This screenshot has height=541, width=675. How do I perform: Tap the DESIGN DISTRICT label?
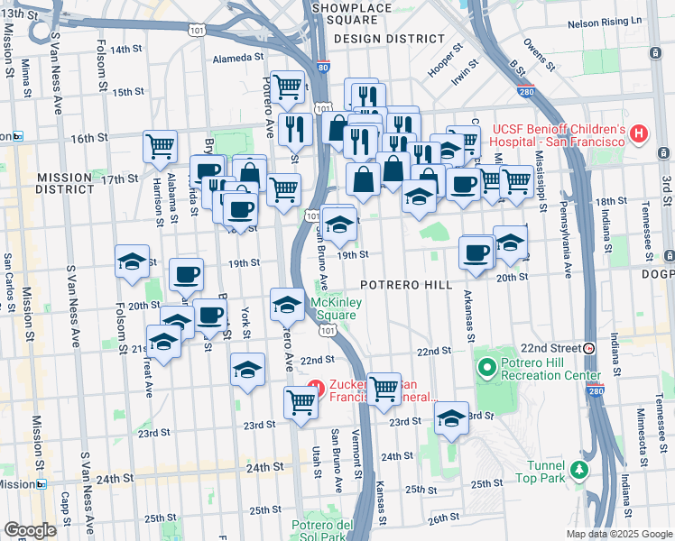[389, 39]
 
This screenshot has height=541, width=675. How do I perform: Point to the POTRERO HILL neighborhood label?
[406, 284]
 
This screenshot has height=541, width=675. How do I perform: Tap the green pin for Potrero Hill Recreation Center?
[488, 368]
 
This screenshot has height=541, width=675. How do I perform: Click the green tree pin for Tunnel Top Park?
[578, 470]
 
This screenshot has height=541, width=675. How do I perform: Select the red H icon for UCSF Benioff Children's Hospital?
[640, 134]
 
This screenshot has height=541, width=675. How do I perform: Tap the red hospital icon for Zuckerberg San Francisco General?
[315, 390]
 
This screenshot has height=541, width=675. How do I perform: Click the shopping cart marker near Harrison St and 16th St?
[160, 145]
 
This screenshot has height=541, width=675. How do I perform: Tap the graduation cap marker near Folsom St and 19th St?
[132, 261]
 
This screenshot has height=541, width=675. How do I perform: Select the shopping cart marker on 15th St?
[287, 87]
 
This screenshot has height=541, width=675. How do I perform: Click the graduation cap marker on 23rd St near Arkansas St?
[451, 417]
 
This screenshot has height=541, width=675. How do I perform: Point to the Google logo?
[30, 530]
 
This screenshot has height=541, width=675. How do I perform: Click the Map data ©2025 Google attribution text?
[618, 534]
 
